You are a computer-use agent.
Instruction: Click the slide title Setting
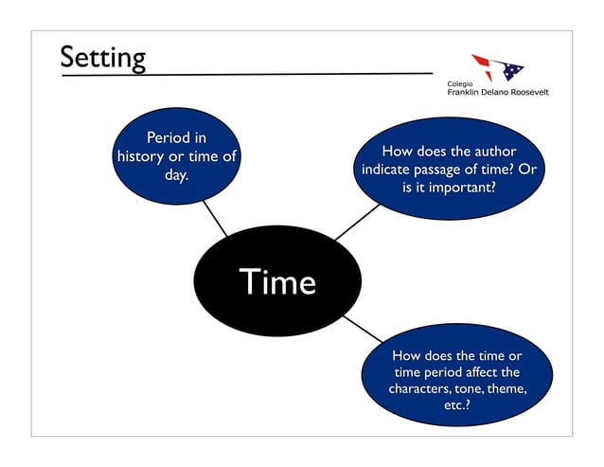(102, 58)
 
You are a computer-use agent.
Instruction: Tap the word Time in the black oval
(276, 281)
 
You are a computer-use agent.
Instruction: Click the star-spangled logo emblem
(498, 67)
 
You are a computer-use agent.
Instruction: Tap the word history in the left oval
(139, 156)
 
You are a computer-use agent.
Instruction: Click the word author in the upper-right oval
(489, 151)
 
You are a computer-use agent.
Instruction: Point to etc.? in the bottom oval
(457, 406)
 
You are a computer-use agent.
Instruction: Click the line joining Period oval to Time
(214, 218)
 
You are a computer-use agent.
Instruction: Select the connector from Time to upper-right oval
(356, 224)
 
